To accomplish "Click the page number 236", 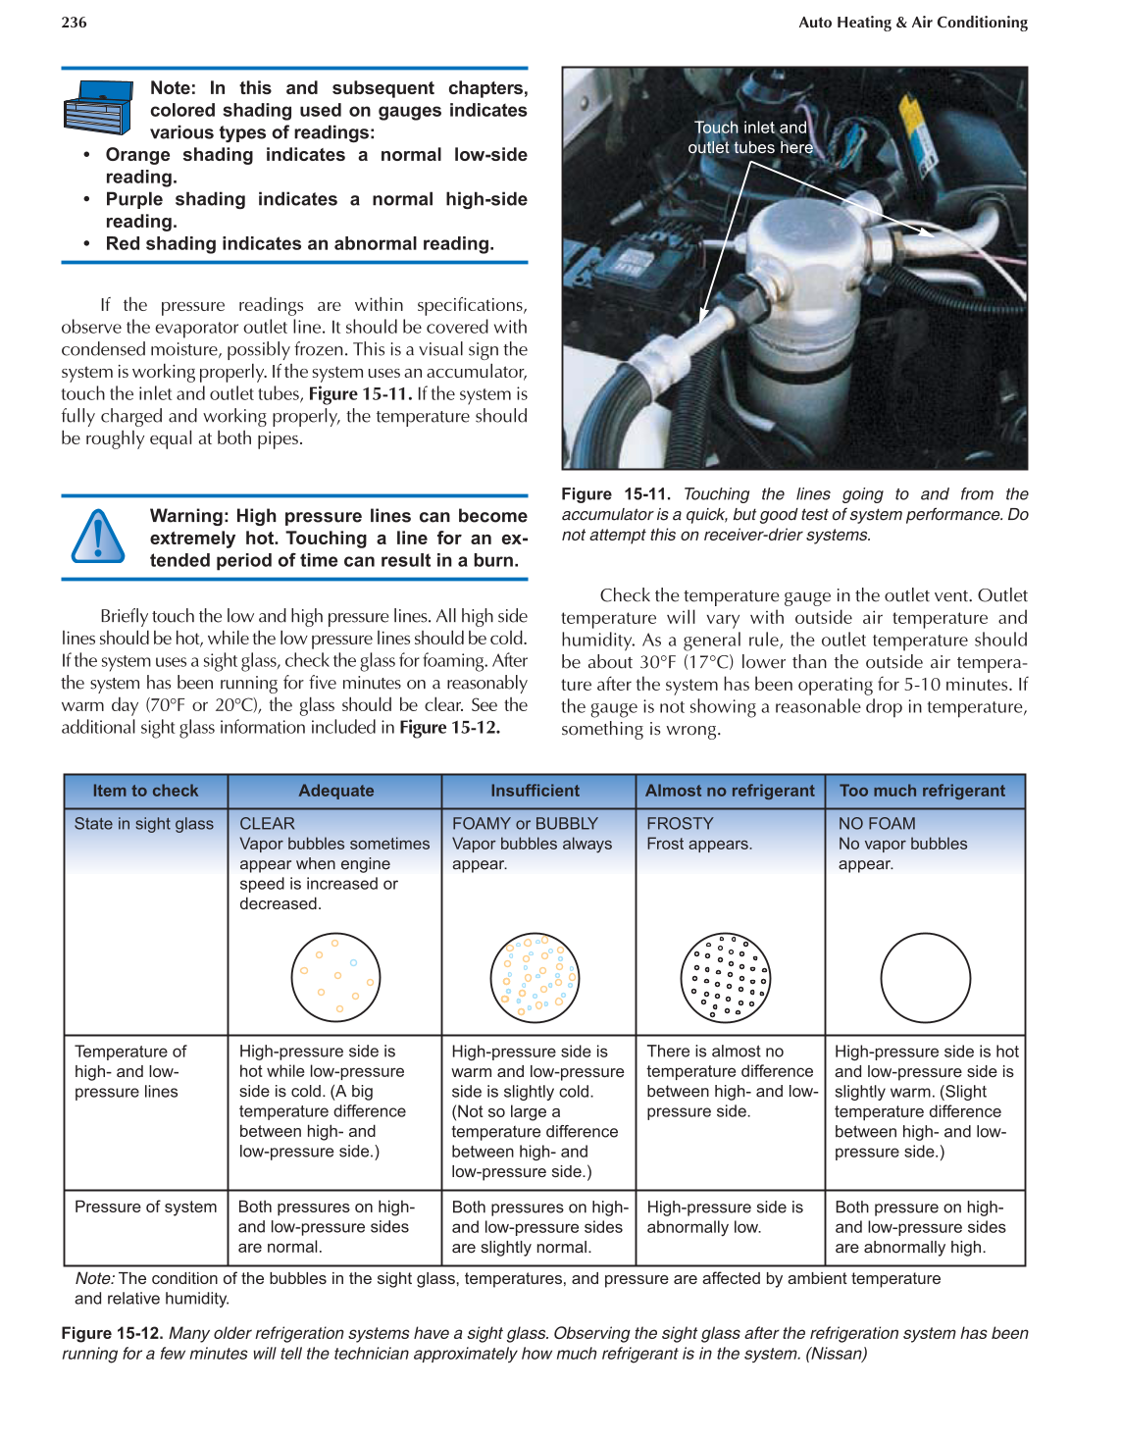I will point(74,22).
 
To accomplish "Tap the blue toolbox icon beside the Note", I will point(97,108).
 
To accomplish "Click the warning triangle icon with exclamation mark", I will point(98,537).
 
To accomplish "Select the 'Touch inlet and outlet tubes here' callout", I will point(750,137).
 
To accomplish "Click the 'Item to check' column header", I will point(145,791).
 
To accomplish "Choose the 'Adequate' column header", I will point(335,791).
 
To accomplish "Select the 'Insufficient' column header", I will point(535,791).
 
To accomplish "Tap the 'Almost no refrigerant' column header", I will point(730,791).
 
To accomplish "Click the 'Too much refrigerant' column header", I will point(922,791).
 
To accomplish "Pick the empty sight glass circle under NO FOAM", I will point(925,978).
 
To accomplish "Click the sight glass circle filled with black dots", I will point(726,978).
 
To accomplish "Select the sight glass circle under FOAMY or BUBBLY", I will point(535,978).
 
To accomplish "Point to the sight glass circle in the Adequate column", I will point(335,978).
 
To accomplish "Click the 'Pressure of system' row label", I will point(145,1207).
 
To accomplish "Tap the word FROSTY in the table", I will point(680,824).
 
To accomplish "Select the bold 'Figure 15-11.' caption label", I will point(615,494).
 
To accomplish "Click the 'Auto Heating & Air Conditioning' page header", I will point(912,22).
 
